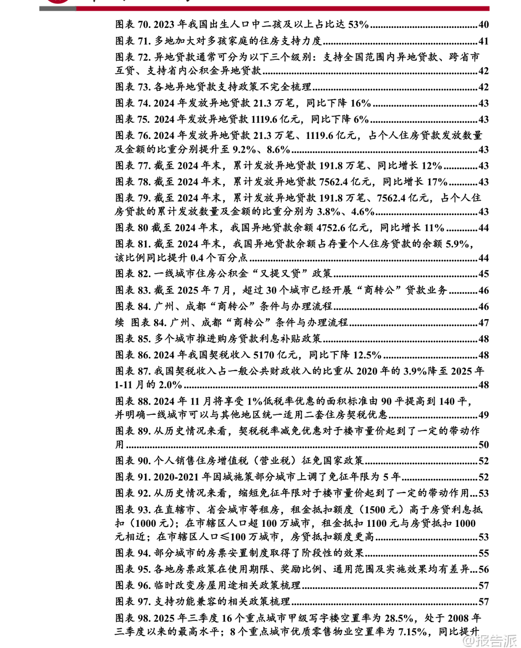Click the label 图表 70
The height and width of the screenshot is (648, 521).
point(133,25)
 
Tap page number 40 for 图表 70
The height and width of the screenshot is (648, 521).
point(483,25)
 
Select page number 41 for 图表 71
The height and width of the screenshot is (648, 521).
point(483,41)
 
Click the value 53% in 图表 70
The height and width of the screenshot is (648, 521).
point(358,25)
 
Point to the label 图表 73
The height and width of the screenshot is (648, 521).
point(133,87)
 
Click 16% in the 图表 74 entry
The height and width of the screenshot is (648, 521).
point(360,103)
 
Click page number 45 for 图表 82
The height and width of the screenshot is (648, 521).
point(483,274)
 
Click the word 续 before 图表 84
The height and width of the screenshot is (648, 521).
point(120,323)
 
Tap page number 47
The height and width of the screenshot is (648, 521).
point(483,323)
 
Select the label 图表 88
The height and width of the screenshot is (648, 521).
point(133,402)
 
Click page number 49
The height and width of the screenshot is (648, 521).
point(483,415)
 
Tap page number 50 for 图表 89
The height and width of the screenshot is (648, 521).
point(483,445)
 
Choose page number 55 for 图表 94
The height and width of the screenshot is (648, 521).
point(483,553)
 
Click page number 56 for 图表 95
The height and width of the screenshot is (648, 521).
point(483,569)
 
